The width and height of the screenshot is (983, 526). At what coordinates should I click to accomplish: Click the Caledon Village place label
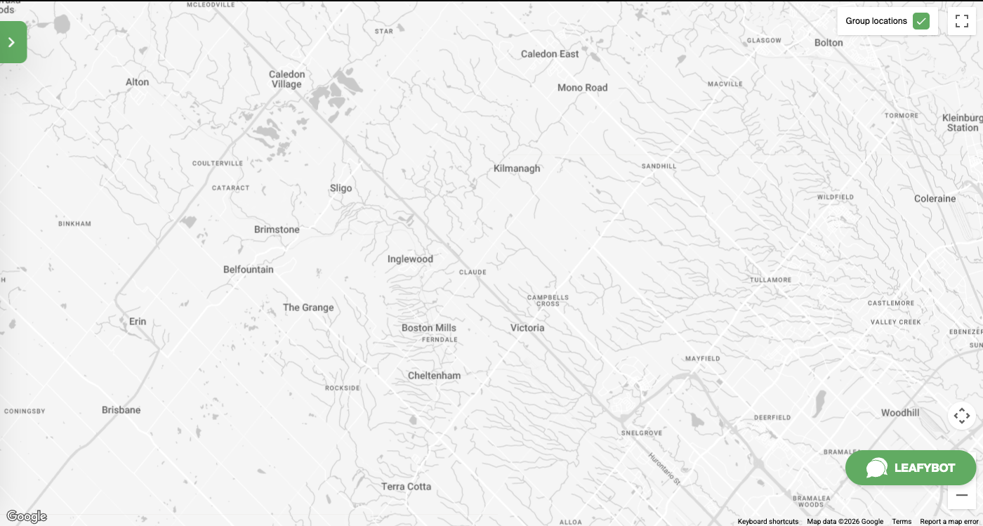click(x=286, y=79)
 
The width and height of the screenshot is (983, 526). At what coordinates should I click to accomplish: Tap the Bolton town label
click(x=829, y=43)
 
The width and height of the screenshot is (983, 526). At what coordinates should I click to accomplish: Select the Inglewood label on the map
click(x=410, y=259)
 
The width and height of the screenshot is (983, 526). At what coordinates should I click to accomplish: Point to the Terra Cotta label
click(x=406, y=487)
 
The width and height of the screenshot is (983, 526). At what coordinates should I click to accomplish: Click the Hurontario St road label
click(x=664, y=466)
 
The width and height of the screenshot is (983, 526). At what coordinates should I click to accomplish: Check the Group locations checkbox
click(x=921, y=21)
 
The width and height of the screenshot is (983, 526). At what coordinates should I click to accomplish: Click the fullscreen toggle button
click(x=961, y=21)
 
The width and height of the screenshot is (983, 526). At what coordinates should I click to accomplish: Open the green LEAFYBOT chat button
click(x=910, y=468)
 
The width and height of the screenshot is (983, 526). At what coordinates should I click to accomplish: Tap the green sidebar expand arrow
click(x=12, y=42)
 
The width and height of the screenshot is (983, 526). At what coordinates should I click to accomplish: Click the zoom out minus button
click(x=961, y=495)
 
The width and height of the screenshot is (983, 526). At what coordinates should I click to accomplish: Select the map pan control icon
click(x=961, y=416)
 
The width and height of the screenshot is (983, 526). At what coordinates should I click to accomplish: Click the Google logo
click(x=27, y=517)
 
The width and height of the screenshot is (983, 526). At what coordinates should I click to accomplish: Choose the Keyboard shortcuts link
click(x=767, y=522)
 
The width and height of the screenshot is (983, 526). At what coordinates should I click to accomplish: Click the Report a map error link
click(x=949, y=522)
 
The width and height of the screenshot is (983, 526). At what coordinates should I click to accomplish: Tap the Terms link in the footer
click(x=902, y=522)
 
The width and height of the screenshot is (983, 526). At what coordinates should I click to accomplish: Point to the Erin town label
click(x=138, y=322)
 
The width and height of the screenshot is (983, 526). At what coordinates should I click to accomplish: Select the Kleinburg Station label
click(x=963, y=123)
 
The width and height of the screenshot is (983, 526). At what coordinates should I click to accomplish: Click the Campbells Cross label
click(x=548, y=301)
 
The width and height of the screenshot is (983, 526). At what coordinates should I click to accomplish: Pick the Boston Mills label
click(x=428, y=328)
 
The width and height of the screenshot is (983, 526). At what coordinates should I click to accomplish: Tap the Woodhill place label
click(x=900, y=413)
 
